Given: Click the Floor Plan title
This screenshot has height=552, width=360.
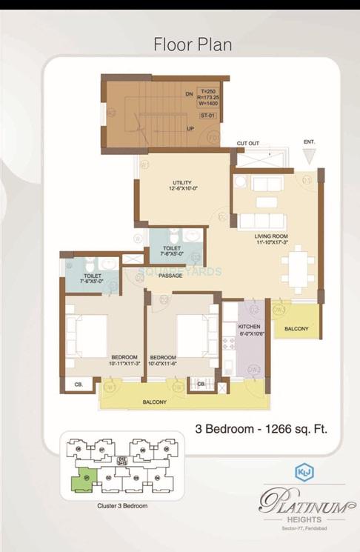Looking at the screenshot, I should tap(193, 44).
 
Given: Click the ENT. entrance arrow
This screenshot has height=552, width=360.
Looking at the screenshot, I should tap(309, 155).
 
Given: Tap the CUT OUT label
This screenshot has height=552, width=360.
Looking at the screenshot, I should tap(248, 143).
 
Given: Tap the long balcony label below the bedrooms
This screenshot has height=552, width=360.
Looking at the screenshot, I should tap(155, 402).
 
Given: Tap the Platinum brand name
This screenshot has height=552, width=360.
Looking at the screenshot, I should tap(302, 505).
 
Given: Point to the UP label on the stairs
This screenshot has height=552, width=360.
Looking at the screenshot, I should tap(189, 128).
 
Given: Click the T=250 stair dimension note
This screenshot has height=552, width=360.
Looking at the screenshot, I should tap(207, 90).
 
